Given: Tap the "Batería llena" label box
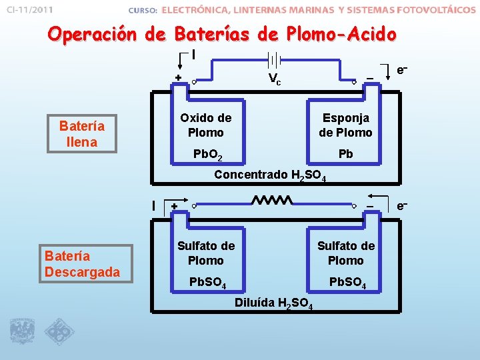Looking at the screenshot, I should [82, 133].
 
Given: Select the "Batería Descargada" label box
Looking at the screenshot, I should [82, 264].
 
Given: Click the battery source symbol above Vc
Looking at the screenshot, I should [274, 59].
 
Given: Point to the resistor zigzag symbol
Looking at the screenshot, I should [272, 200].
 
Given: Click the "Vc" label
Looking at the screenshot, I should [274, 79].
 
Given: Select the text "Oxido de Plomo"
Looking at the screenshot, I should [205, 125].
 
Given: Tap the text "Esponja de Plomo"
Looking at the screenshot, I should [345, 125].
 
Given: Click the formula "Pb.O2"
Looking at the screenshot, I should [207, 155].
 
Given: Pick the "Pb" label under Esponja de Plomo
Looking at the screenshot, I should [345, 154].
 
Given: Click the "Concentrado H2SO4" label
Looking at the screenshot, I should [269, 176].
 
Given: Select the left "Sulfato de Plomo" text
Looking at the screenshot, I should [205, 253].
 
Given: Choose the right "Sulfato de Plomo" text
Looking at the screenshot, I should [345, 253].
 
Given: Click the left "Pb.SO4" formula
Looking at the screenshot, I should [207, 284].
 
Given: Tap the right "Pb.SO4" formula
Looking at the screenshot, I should [347, 284].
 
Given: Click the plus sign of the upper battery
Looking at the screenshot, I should [178, 78].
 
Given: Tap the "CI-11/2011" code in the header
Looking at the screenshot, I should [29, 10].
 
